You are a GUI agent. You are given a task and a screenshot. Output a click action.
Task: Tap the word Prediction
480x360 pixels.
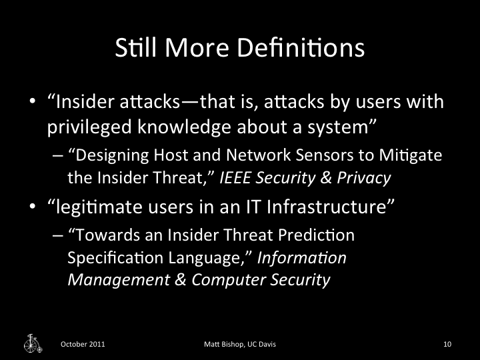pyautogui.click(x=318, y=235)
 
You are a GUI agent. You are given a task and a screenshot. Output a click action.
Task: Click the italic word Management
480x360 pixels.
pyautogui.click(x=110, y=280)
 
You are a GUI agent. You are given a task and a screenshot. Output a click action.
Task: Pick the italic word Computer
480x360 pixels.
pyautogui.click(x=227, y=280)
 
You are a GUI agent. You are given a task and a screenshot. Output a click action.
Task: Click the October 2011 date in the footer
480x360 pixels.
pyautogui.click(x=82, y=344)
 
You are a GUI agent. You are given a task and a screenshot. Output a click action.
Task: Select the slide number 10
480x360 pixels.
pyautogui.click(x=447, y=344)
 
